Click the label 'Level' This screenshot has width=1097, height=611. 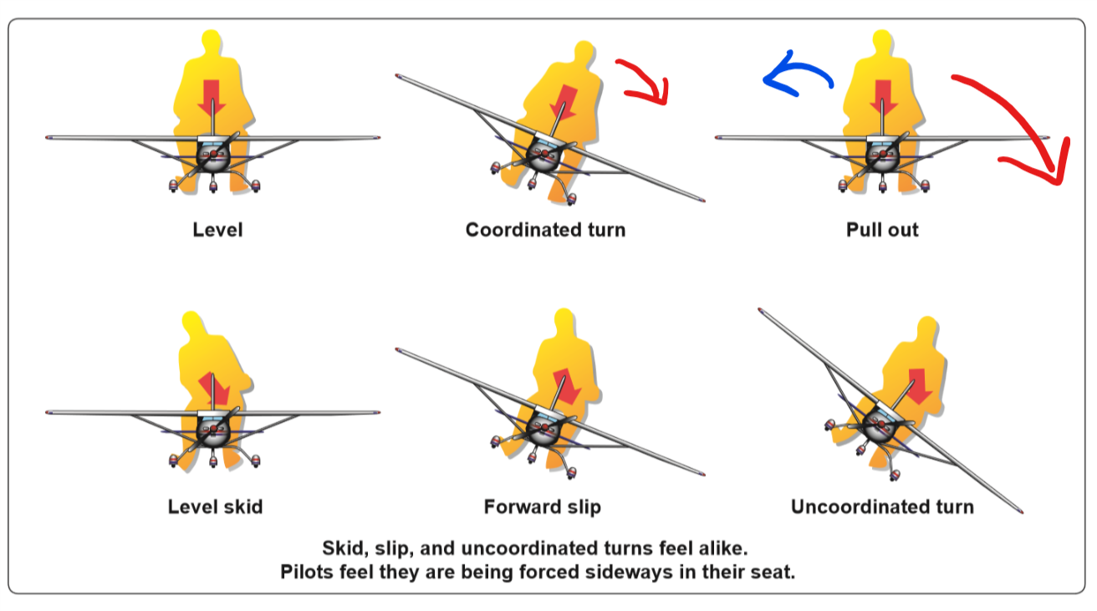[x=217, y=230]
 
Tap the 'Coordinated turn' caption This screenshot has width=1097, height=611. [x=545, y=230]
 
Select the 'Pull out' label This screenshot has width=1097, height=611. [x=882, y=230]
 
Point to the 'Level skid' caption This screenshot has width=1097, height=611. [x=215, y=507]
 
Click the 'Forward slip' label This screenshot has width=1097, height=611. [x=542, y=507]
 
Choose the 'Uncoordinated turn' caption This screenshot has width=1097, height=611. [x=882, y=507]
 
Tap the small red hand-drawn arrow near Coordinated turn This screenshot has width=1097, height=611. [x=645, y=79]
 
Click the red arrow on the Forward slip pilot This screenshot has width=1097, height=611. [x=566, y=384]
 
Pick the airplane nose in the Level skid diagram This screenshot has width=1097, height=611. [x=214, y=431]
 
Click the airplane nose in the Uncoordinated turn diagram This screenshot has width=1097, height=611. [x=879, y=430]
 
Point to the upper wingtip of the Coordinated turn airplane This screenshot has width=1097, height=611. [x=401, y=77]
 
